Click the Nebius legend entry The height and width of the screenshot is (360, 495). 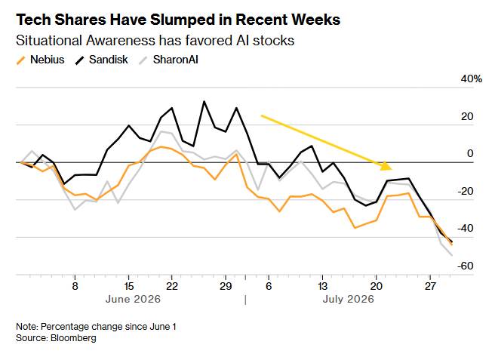click(x=41, y=60)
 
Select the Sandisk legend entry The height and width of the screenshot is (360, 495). click(x=101, y=60)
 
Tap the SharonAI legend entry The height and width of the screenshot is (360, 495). click(x=169, y=60)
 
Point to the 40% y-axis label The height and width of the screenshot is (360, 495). click(x=472, y=78)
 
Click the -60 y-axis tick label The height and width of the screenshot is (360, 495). click(x=466, y=266)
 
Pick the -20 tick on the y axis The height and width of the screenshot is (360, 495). click(x=466, y=191)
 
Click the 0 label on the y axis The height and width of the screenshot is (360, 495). click(x=470, y=153)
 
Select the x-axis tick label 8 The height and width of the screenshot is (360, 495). click(x=75, y=286)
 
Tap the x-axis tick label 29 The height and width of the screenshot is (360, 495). click(x=226, y=286)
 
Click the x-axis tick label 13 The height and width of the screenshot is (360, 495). click(x=322, y=286)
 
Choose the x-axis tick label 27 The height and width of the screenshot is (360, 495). click(x=430, y=286)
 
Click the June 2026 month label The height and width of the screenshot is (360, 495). click(x=133, y=299)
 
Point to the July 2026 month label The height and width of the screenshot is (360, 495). click(x=348, y=299)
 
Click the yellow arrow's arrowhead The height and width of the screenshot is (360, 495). click(x=386, y=165)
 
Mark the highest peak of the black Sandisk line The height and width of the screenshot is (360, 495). click(x=204, y=102)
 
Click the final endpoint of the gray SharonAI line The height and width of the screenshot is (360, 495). click(x=452, y=255)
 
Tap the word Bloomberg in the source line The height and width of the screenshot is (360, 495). click(x=73, y=338)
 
